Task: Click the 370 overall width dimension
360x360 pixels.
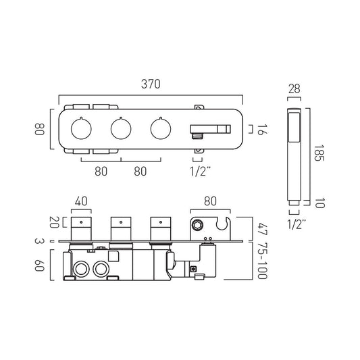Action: [151, 84]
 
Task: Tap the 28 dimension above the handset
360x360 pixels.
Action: [294, 88]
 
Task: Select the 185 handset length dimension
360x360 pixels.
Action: [319, 153]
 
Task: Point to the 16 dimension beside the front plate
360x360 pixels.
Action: [262, 130]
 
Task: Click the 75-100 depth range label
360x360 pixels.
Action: [263, 261]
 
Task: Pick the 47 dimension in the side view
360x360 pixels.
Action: [263, 229]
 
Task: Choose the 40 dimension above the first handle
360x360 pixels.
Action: [81, 201]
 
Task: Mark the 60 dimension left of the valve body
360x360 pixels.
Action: [39, 265]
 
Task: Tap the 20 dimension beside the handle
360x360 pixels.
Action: [54, 222]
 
